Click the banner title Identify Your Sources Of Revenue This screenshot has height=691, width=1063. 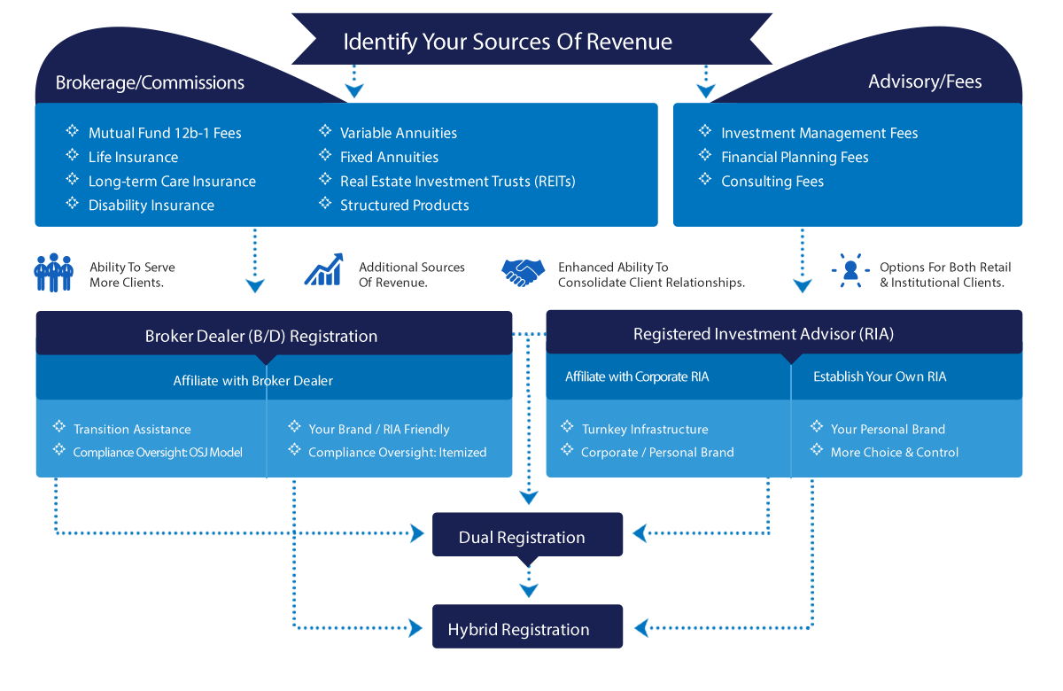click(x=508, y=42)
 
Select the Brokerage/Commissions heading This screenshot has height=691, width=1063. click(x=150, y=82)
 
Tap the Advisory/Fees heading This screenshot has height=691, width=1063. click(x=925, y=82)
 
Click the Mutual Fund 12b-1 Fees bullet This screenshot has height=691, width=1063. click(x=165, y=133)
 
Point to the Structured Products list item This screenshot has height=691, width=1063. click(x=404, y=205)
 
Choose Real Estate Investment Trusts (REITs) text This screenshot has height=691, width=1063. click(x=457, y=181)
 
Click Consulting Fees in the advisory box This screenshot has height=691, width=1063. click(x=772, y=181)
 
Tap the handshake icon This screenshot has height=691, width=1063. click(x=524, y=272)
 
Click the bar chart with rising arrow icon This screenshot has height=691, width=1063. click(x=323, y=270)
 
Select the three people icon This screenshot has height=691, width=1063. click(x=53, y=273)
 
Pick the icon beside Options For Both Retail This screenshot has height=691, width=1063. click(x=850, y=270)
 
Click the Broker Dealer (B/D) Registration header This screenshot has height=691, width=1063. click(x=261, y=336)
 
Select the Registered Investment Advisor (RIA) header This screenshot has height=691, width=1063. click(x=764, y=334)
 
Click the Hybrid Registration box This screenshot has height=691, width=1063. click(x=518, y=630)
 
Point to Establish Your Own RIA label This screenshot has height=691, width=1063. click(x=879, y=377)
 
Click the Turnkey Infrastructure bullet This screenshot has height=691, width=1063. click(x=644, y=429)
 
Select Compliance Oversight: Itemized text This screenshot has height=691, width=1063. click(x=397, y=452)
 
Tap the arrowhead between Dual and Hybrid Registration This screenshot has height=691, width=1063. click(x=528, y=591)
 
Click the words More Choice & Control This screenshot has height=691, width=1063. click(x=894, y=452)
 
